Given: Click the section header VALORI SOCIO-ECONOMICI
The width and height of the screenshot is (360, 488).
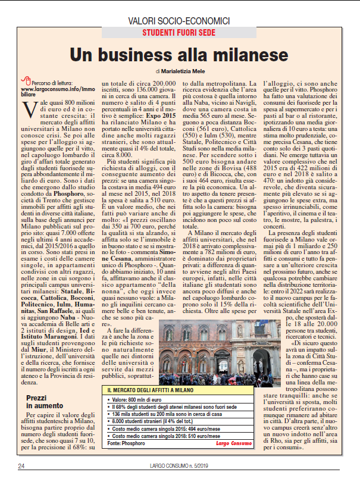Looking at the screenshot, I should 180,21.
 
